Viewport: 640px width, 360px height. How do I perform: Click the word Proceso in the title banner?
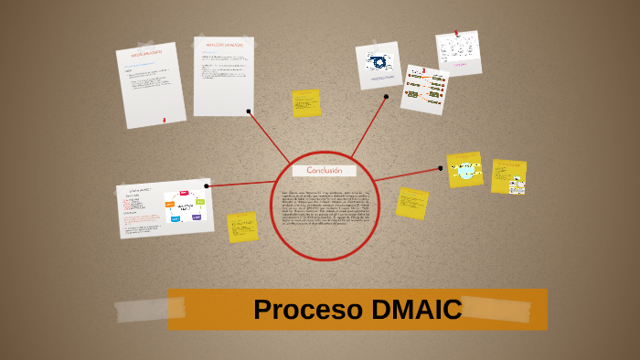tap(308, 310)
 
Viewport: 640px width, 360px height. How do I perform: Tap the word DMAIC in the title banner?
tap(417, 310)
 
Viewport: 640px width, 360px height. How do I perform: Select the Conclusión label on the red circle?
tap(324, 171)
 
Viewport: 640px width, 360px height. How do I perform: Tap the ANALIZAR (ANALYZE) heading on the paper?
tap(222, 44)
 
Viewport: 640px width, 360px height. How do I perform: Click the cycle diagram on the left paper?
tap(185, 206)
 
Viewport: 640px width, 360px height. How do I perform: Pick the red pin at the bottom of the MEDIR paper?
tap(164, 120)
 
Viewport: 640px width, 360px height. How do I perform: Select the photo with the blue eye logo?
tap(378, 64)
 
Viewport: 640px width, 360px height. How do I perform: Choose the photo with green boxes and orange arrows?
tap(424, 90)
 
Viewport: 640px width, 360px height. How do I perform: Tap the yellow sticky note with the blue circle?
tap(465, 170)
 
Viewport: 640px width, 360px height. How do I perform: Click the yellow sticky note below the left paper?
tap(242, 227)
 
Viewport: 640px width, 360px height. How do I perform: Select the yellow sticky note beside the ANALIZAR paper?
tap(306, 103)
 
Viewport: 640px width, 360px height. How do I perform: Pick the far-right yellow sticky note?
tap(508, 176)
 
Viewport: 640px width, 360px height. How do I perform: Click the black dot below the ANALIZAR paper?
tap(249, 111)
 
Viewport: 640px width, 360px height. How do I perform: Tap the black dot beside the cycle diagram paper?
tap(207, 185)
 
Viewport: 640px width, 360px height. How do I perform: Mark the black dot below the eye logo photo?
tap(386, 96)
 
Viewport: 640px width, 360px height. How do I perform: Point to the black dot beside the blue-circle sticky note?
tap(441, 167)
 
